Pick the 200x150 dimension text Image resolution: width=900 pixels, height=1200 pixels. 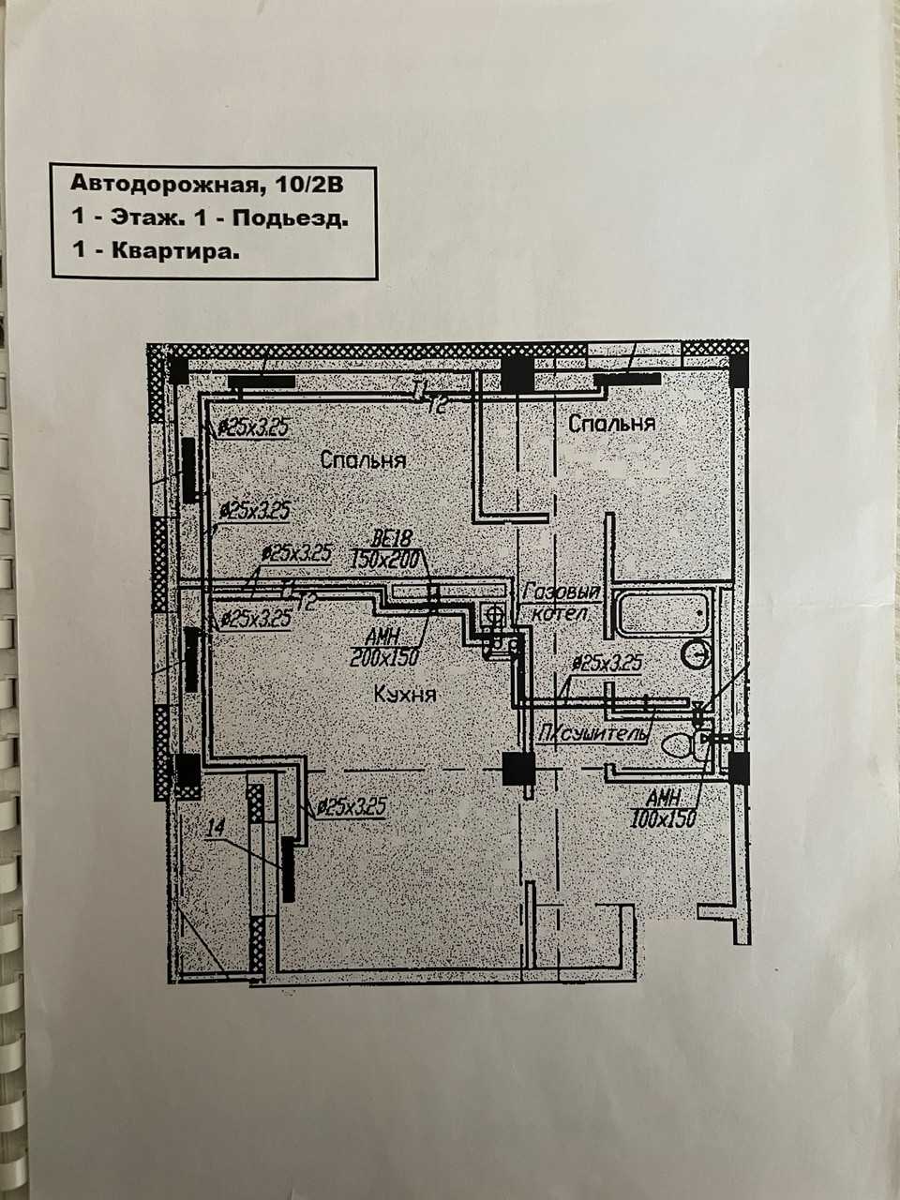point(383,658)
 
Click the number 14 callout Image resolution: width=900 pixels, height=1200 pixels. point(215,827)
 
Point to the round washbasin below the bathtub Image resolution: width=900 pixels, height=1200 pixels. point(696,653)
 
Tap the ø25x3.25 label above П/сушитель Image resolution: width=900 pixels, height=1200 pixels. point(607,663)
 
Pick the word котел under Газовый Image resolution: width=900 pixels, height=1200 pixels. point(560,615)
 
